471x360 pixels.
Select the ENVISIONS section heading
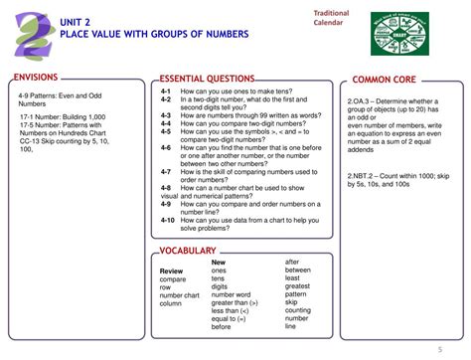point(37,78)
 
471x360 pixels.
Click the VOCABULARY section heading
point(188,251)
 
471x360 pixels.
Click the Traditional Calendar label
point(332,17)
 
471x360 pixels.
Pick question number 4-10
point(168,220)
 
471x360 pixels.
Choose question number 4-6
point(166,147)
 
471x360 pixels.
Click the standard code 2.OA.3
point(360,100)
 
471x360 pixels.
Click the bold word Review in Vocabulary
point(172,270)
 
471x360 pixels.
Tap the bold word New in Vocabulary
point(219,262)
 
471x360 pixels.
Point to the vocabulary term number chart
point(179,295)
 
